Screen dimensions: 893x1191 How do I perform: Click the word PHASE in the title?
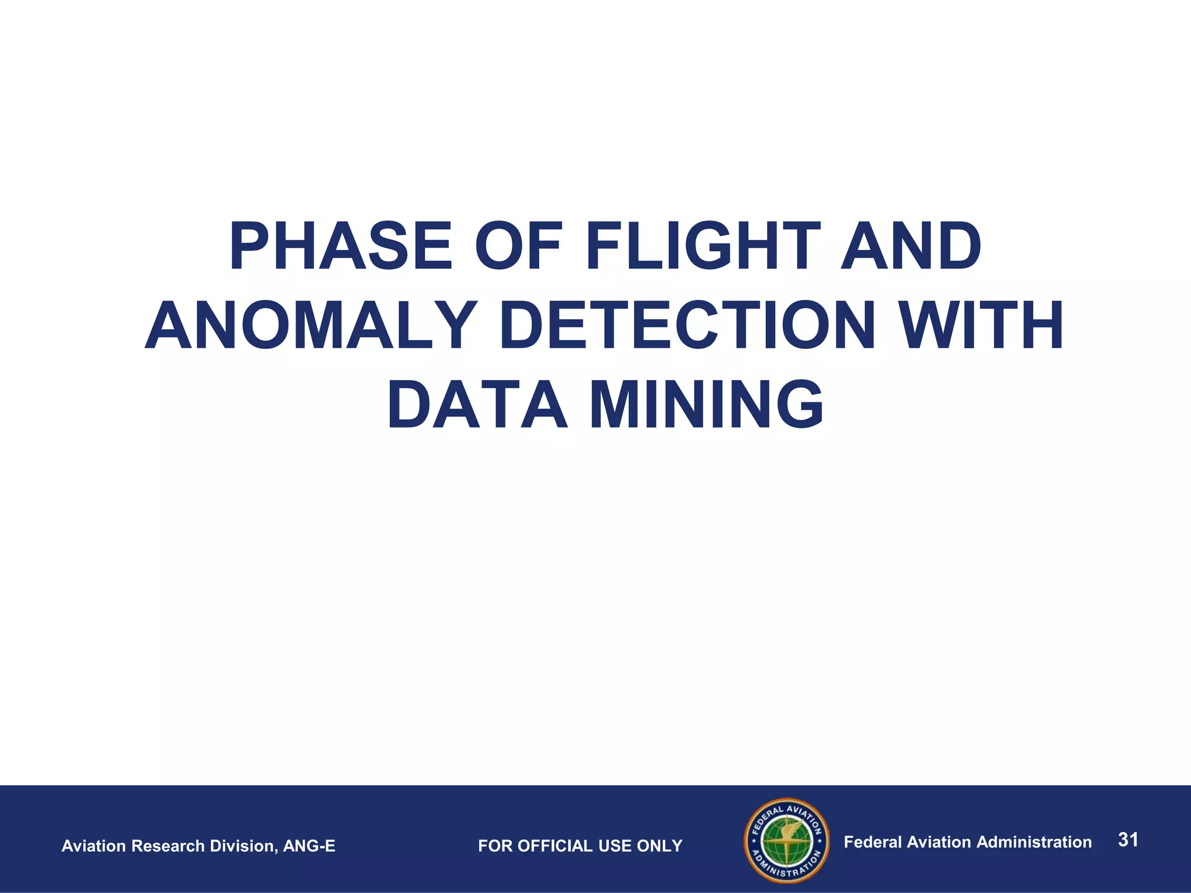(x=341, y=247)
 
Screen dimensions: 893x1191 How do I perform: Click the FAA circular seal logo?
(x=786, y=840)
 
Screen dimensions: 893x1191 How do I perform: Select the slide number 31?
(x=1128, y=840)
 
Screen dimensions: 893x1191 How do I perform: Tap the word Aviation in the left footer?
(x=93, y=846)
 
